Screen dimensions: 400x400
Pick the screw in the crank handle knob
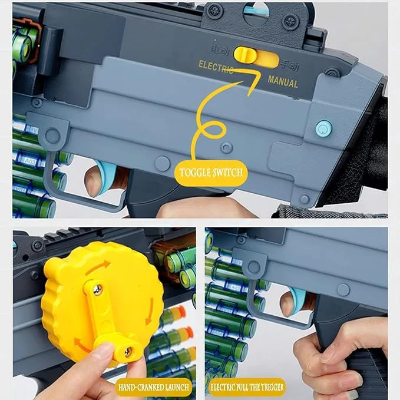127,352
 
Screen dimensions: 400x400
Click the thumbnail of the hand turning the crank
103,306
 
